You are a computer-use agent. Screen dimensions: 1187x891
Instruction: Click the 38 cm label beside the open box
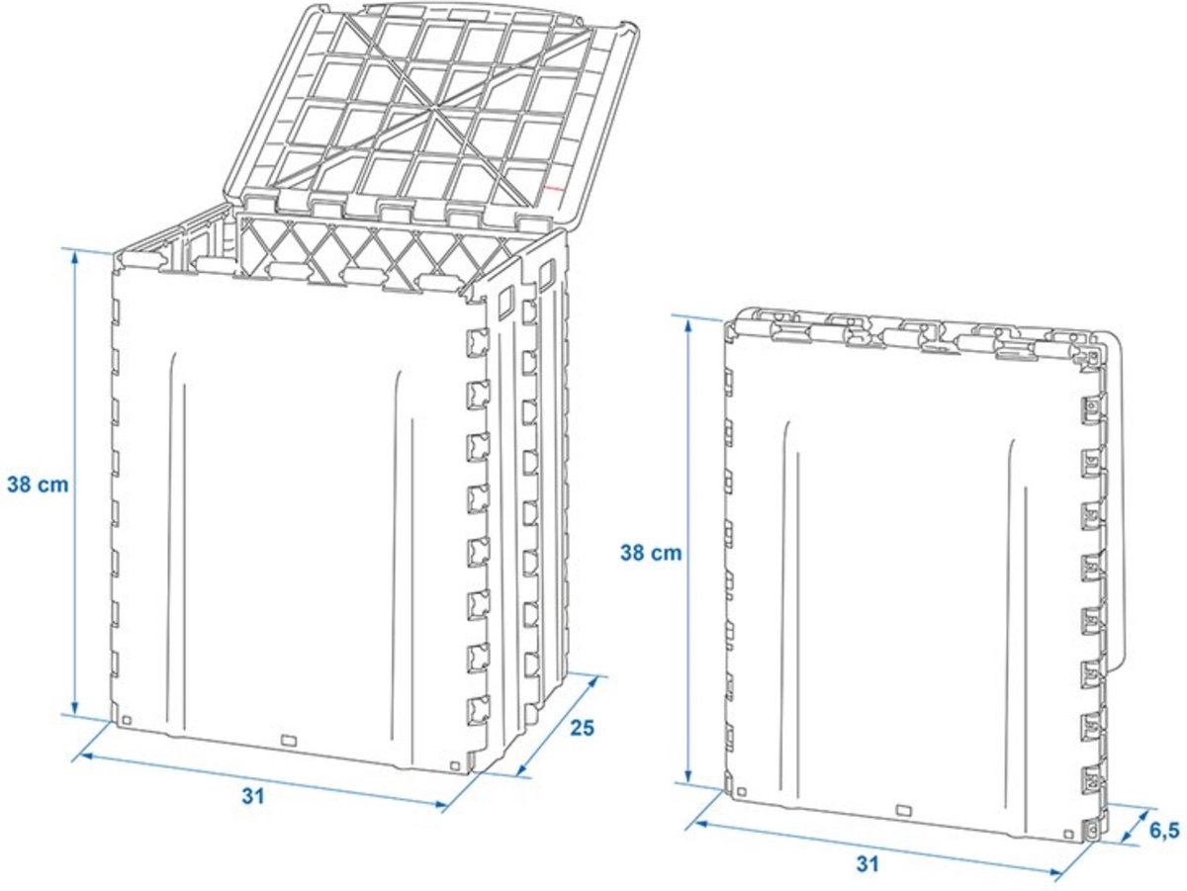pyautogui.click(x=38, y=485)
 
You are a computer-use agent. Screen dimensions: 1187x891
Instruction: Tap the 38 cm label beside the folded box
pyautogui.click(x=651, y=553)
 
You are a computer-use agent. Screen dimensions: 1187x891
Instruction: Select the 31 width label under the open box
pyautogui.click(x=253, y=796)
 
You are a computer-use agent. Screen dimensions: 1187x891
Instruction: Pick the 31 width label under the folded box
pyautogui.click(x=867, y=864)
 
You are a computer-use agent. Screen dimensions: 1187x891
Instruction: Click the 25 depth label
pyautogui.click(x=583, y=728)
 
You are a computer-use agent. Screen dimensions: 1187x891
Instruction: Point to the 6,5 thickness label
pyautogui.click(x=1165, y=832)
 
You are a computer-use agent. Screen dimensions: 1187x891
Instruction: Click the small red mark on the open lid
pyautogui.click(x=554, y=189)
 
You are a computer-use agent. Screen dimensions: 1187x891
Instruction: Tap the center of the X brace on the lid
pyautogui.click(x=431, y=113)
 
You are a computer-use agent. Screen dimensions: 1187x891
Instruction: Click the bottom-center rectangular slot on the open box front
pyautogui.click(x=288, y=740)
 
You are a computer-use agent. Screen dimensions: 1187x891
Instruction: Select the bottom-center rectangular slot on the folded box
pyautogui.click(x=904, y=810)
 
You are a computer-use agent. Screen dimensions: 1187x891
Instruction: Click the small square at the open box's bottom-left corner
pyautogui.click(x=128, y=720)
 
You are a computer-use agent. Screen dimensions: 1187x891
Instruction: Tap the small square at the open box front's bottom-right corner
pyautogui.click(x=455, y=765)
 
